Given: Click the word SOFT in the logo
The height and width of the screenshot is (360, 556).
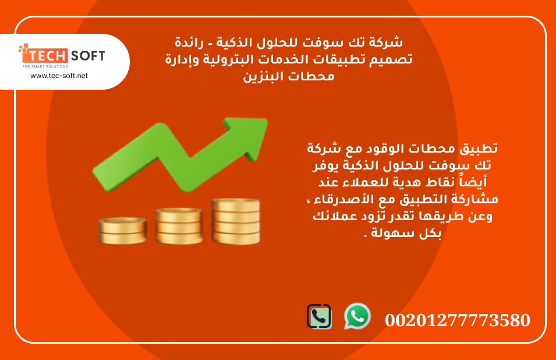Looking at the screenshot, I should pyautogui.click(x=88, y=56).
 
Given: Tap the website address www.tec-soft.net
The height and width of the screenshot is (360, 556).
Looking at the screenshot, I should pyautogui.click(x=59, y=76).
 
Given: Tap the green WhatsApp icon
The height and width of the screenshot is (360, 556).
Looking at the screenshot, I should pyautogui.click(x=357, y=316).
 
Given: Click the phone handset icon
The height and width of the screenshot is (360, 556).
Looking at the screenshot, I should pyautogui.click(x=319, y=316).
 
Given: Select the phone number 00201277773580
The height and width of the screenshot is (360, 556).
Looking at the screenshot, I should pyautogui.click(x=457, y=320).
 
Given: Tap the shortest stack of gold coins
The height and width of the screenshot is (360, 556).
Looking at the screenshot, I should pyautogui.click(x=122, y=231).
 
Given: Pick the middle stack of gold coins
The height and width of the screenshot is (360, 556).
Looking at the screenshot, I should pyautogui.click(x=178, y=226).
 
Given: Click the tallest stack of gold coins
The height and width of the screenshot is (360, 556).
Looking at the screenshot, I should pyautogui.click(x=235, y=221).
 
